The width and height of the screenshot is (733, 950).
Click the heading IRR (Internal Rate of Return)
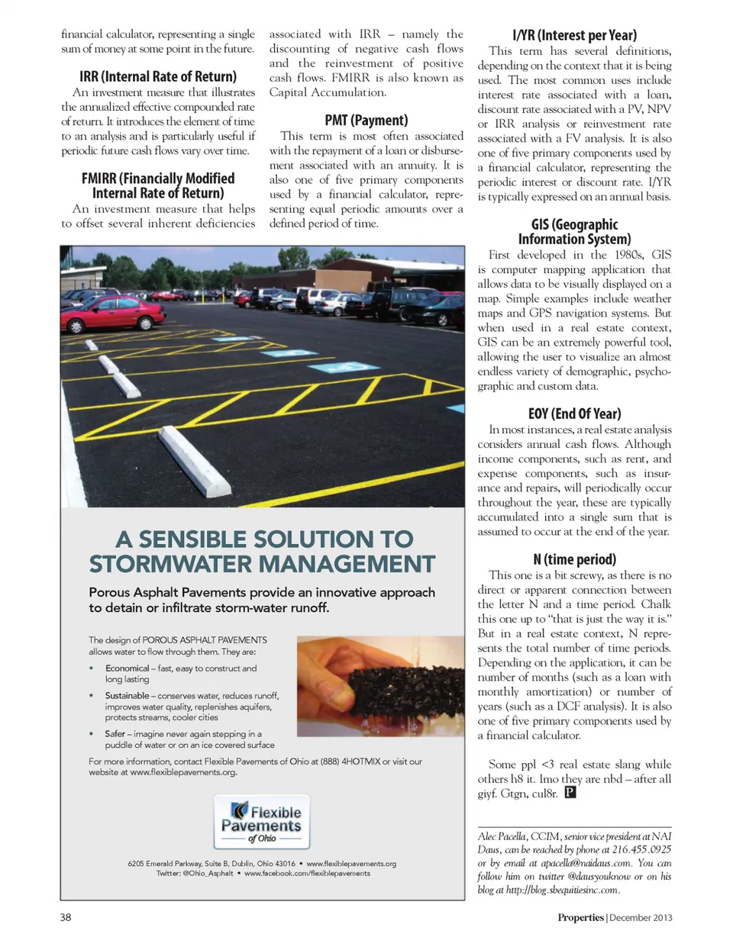pos(158,76)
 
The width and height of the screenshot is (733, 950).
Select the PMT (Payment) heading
pos(366,120)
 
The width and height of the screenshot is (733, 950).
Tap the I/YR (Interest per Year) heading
pos(574,35)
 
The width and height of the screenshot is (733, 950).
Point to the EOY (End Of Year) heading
pos(574,414)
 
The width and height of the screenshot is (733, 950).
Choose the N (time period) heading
pos(574,559)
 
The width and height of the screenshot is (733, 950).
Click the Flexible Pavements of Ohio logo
pos(262,823)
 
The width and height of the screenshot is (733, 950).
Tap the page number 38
pos(66,917)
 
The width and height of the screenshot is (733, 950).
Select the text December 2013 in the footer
pos(641,918)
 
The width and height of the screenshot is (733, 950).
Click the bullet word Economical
pos(127,668)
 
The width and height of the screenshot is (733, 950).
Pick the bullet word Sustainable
pos(127,696)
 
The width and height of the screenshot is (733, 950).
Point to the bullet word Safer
pos(116,734)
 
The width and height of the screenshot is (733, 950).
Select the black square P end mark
pos(570,793)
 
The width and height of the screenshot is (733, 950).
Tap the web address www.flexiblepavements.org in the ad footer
pos(351,864)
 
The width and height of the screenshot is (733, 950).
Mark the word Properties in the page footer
pos(580,918)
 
